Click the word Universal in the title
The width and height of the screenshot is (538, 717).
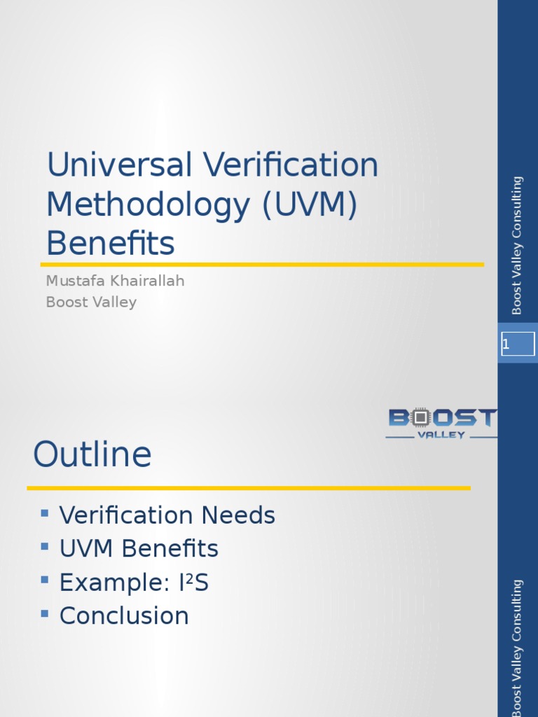119,166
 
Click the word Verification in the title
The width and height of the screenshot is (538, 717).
291,166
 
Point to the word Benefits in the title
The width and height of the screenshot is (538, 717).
110,244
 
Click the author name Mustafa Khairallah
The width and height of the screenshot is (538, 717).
115,281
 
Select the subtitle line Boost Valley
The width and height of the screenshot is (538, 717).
91,302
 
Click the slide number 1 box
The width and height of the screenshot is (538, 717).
518,344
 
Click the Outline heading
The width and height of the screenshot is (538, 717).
92,454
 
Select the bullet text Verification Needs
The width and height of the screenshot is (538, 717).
167,516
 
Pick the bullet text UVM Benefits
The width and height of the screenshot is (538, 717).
139,549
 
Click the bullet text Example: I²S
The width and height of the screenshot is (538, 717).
134,583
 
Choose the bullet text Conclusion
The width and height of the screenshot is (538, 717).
124,616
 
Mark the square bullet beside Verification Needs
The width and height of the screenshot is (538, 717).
45,513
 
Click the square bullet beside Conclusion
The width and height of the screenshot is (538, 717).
45,613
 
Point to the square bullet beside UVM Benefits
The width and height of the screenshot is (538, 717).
45,546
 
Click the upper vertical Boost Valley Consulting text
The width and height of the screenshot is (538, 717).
517,245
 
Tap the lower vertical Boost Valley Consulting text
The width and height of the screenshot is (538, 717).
517,647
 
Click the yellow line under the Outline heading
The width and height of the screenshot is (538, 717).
249,487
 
